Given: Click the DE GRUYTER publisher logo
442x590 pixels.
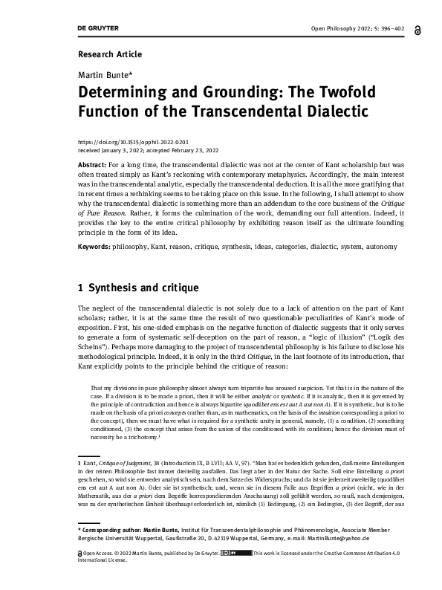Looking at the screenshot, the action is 99,28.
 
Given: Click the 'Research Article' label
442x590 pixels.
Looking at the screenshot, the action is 109,54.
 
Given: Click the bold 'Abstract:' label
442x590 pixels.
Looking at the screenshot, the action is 92,163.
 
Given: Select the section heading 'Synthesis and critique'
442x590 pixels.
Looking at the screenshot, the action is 146,286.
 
